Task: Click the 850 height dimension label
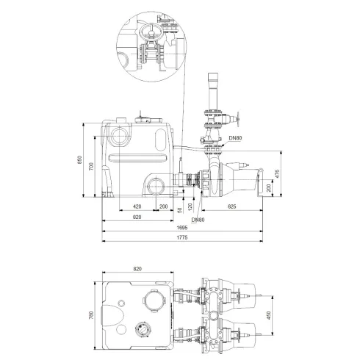(82, 161)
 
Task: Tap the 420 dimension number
(137, 207)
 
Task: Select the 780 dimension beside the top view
(91, 315)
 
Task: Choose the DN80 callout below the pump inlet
(198, 219)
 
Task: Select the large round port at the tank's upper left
(118, 135)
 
